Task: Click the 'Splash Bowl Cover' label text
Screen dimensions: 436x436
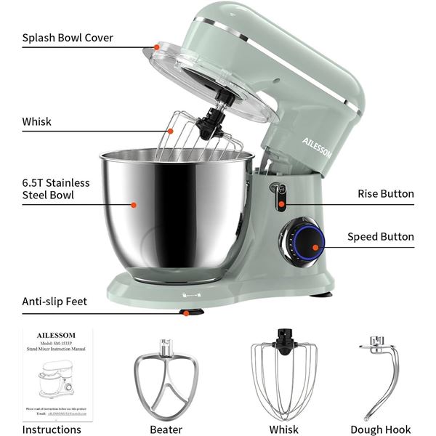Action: pos(68,38)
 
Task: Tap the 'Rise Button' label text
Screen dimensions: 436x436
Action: pos(385,193)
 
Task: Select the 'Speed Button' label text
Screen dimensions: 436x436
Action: pos(380,236)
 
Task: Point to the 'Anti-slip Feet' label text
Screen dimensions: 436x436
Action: pos(54,301)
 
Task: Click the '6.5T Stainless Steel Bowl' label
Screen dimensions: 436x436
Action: pos(56,188)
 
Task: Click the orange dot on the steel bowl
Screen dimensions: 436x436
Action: pos(133,205)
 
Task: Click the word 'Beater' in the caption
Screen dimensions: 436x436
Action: pos(166,429)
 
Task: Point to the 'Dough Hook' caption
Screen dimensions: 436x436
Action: pos(380,429)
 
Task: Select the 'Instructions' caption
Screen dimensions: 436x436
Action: pos(52,429)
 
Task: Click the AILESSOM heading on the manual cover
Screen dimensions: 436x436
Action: pos(56,336)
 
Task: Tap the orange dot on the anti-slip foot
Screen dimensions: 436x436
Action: pos(187,313)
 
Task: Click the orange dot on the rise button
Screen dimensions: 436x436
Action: pos(281,204)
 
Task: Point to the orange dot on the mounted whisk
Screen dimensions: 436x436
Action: pos(170,132)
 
